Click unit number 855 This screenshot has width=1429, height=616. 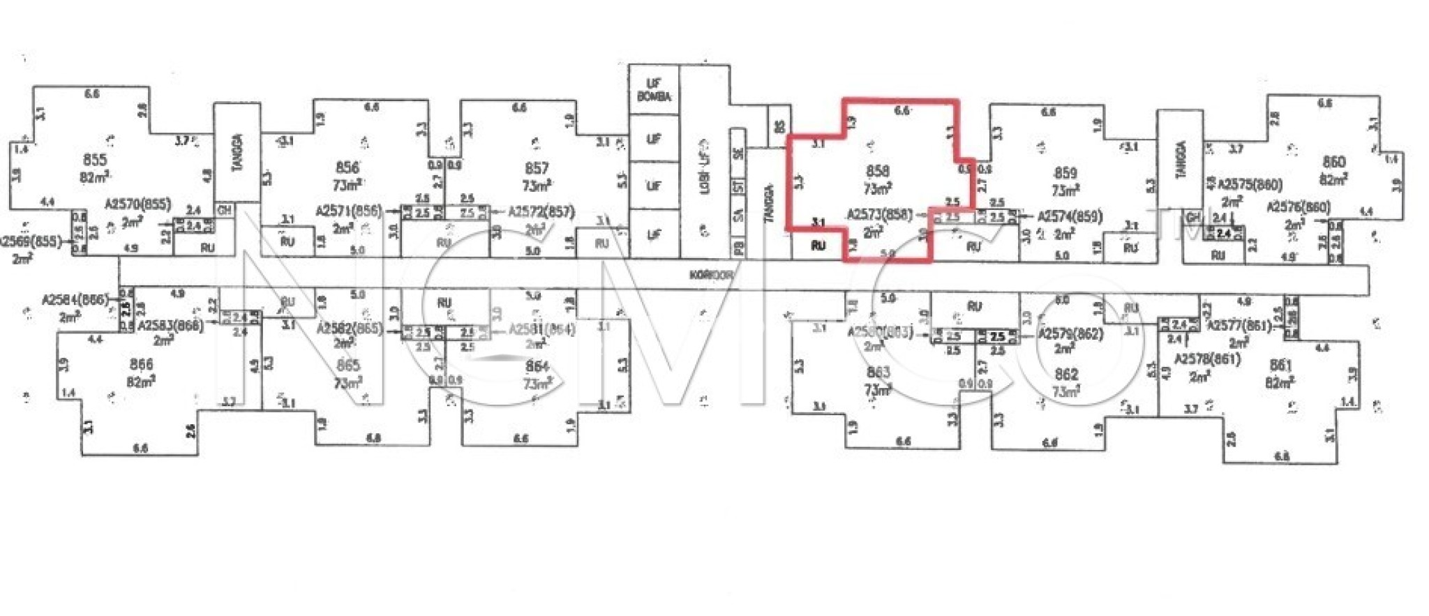point(94,160)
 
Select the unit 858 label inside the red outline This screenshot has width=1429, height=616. point(877,171)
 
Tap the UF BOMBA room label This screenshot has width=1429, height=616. point(654,90)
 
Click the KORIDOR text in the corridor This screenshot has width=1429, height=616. point(711,276)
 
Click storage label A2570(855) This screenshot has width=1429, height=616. point(137,204)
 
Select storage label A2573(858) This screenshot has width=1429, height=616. point(879,215)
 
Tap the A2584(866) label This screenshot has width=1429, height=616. point(75,300)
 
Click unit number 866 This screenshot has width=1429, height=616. point(141,365)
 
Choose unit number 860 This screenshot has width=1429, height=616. point(1333,162)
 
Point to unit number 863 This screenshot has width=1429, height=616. point(878,373)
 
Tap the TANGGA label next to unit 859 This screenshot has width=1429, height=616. point(1181,160)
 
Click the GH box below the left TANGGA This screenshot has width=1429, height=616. point(224,210)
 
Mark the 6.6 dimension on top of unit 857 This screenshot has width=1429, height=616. point(518,108)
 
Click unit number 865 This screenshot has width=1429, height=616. point(347,365)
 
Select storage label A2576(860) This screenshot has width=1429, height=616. point(1299,208)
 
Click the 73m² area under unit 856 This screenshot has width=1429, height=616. point(347,185)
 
